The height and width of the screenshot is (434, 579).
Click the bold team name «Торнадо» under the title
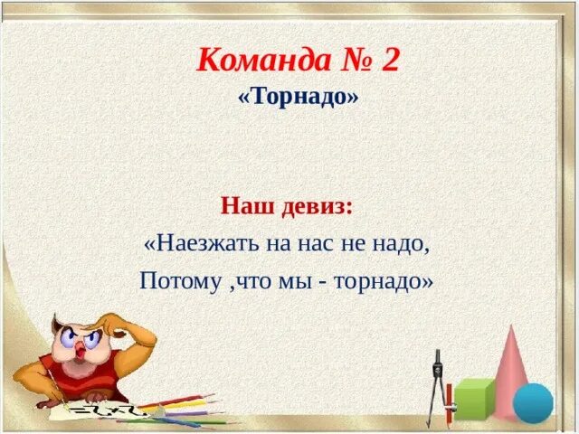298,97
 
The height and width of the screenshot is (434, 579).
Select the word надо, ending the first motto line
400,243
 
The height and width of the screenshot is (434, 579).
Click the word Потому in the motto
177,281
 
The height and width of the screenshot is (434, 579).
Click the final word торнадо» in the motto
384,281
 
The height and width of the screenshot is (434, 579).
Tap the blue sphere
533,402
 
